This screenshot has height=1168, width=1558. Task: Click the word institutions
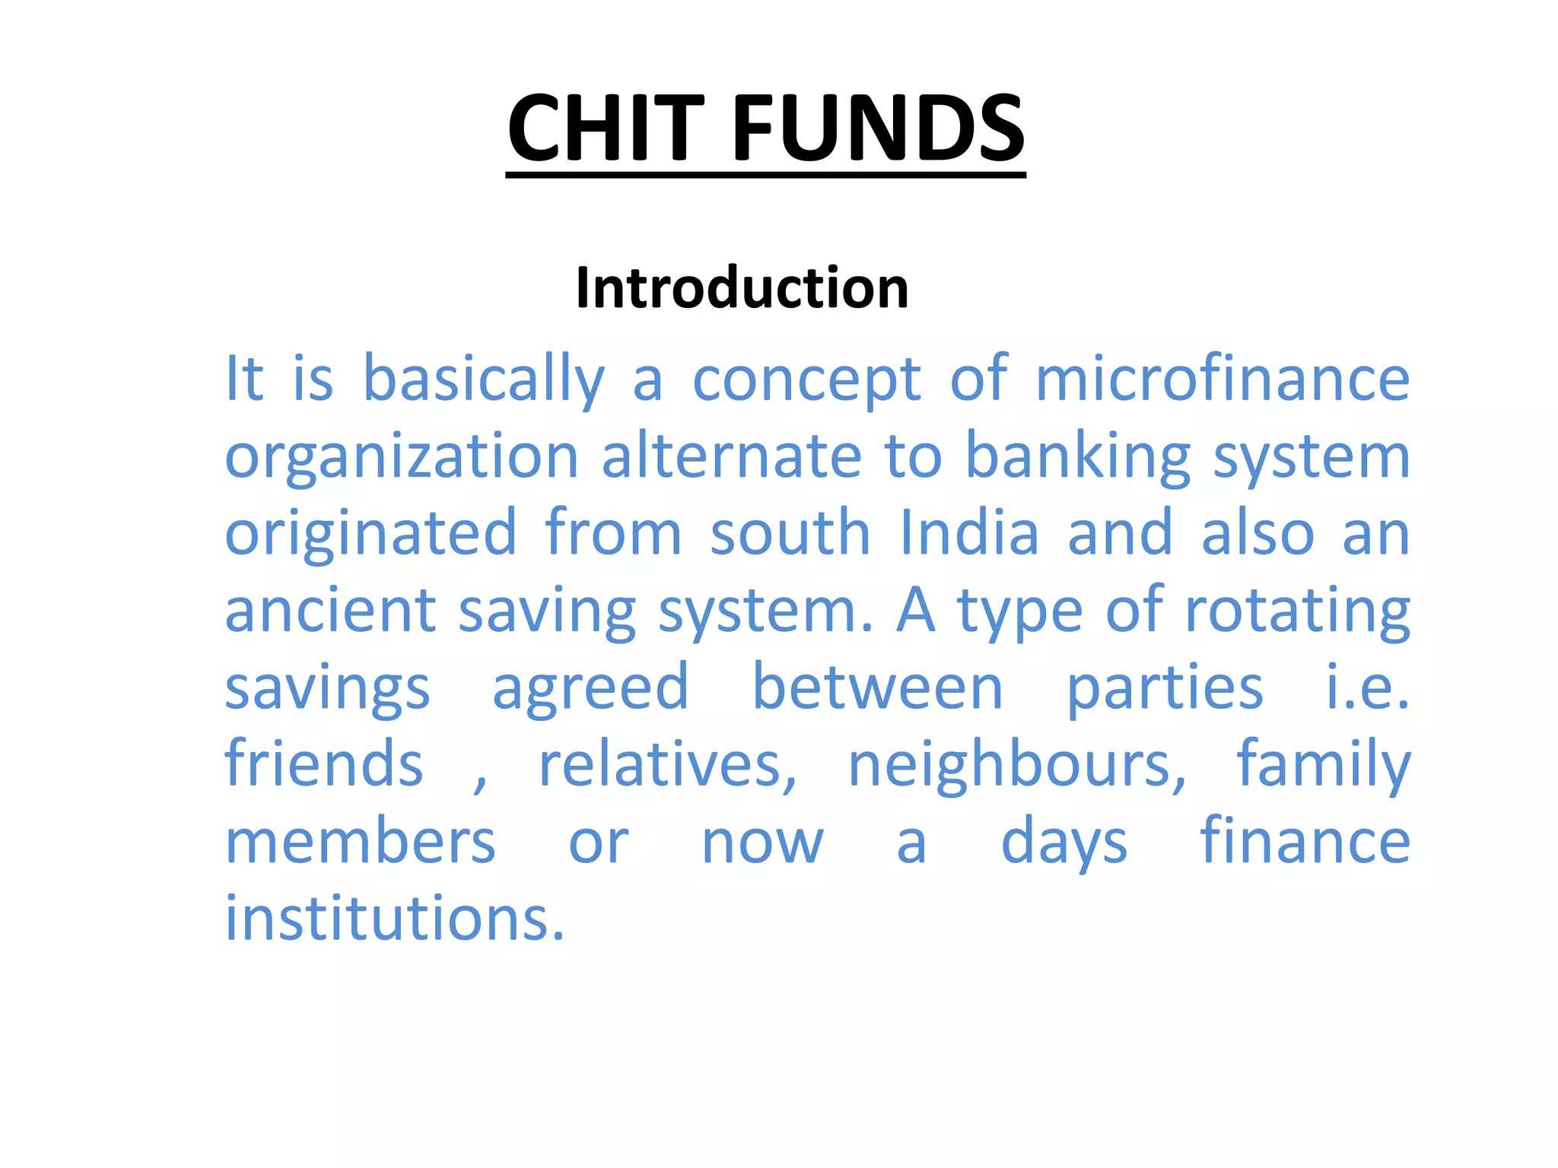(395, 919)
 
